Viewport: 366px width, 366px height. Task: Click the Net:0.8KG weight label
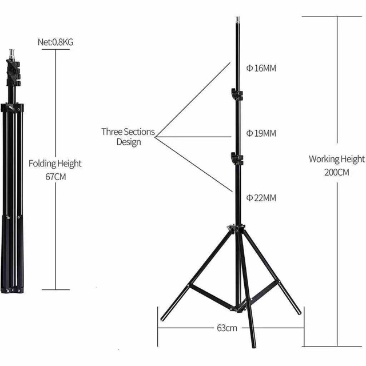coord(55,42)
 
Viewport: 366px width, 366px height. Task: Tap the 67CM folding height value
coord(55,177)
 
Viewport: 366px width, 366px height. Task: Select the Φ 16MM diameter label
coord(261,68)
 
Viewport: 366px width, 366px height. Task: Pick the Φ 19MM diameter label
coord(261,133)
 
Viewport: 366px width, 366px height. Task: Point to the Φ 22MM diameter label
coord(261,198)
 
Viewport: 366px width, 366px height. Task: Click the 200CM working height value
coord(337,173)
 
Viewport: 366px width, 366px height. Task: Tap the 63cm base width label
coord(227,328)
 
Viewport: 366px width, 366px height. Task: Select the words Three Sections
coord(128,132)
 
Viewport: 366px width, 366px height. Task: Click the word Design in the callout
coord(129,142)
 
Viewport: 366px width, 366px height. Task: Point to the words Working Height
coord(337,159)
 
